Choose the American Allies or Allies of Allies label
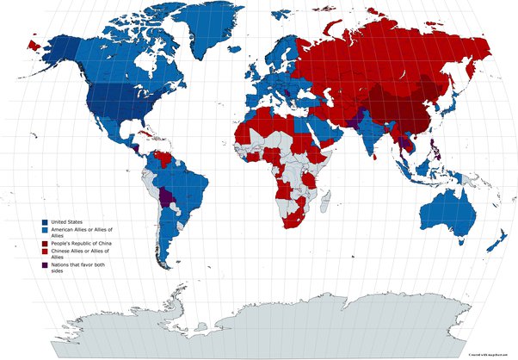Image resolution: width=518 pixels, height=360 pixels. tap(83, 233)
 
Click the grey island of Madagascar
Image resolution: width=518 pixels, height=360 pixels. tap(325, 202)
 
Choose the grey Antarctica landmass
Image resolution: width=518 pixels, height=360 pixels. tap(258, 323)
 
